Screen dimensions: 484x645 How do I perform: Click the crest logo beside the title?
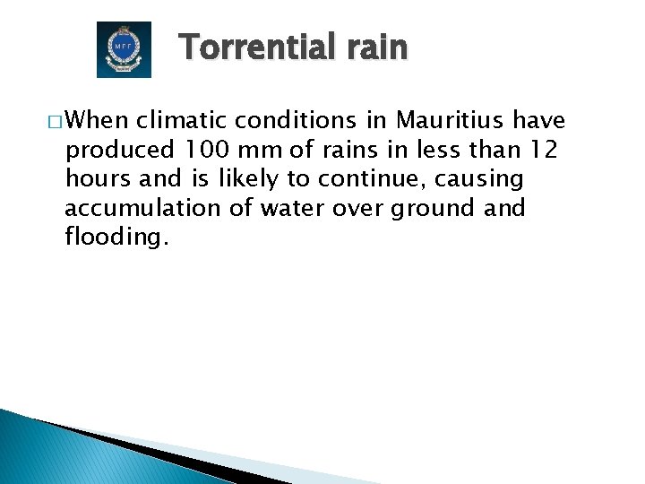(124, 49)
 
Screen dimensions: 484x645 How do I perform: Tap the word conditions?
(294, 121)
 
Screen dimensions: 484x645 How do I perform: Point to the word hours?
(97, 179)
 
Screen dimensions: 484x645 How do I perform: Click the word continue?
(365, 179)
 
